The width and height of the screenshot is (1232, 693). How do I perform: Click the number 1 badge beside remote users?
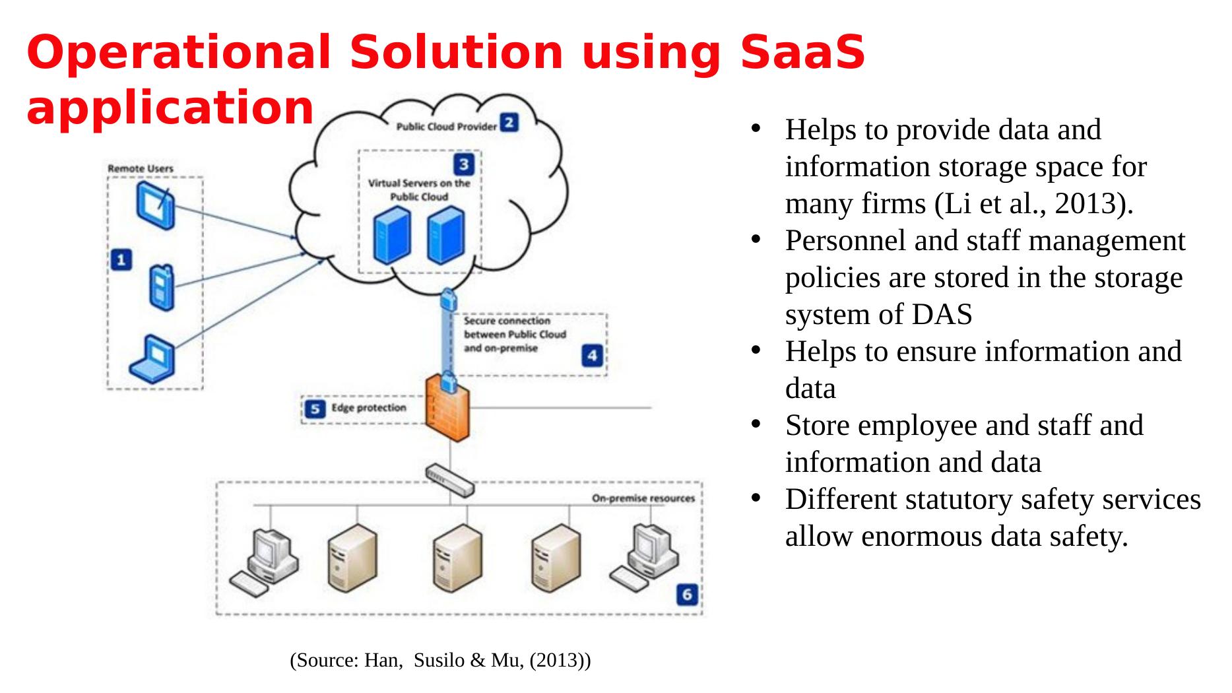(x=121, y=260)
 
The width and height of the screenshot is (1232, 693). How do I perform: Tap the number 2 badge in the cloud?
(x=509, y=123)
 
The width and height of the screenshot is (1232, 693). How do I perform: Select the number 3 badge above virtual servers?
(x=464, y=164)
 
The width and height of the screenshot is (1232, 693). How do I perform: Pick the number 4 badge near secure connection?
(x=591, y=356)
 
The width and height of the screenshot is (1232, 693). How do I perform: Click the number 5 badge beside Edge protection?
(x=315, y=409)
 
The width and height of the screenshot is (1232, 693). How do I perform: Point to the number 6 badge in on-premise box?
(x=686, y=595)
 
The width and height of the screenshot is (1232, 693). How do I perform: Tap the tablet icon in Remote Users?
(x=155, y=205)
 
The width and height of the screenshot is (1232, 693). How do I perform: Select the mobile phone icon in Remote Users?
(x=160, y=287)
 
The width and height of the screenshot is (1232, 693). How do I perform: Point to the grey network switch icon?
(x=450, y=480)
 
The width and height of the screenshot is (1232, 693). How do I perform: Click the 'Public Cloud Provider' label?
(x=445, y=126)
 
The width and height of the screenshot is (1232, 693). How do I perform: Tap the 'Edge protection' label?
(x=368, y=408)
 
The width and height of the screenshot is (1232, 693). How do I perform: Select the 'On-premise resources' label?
(x=643, y=498)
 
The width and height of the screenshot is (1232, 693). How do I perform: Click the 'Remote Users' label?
(x=141, y=168)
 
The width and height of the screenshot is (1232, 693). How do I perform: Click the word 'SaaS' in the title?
(x=802, y=53)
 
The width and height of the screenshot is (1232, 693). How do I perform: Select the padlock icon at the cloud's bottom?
(x=448, y=299)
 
